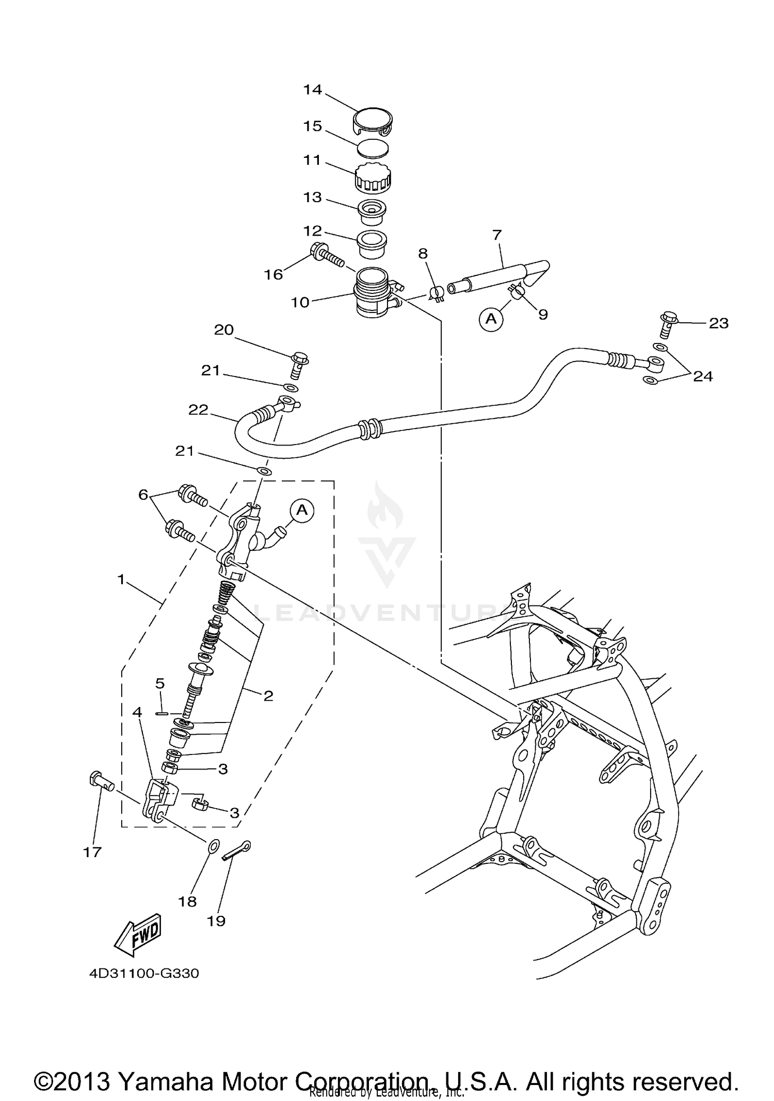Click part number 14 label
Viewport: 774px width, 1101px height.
coord(313,90)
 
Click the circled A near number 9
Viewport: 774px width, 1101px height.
coord(491,319)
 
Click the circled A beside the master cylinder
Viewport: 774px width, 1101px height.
coord(302,511)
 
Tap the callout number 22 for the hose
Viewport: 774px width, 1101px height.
coord(198,410)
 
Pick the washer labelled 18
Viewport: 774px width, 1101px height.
coord(213,846)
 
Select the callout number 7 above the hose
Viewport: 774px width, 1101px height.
coord(497,235)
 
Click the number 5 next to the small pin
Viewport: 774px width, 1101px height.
coord(160,684)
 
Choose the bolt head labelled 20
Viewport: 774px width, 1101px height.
coord(299,358)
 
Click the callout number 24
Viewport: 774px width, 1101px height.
coord(702,376)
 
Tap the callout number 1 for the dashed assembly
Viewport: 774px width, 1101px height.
coord(121,580)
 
